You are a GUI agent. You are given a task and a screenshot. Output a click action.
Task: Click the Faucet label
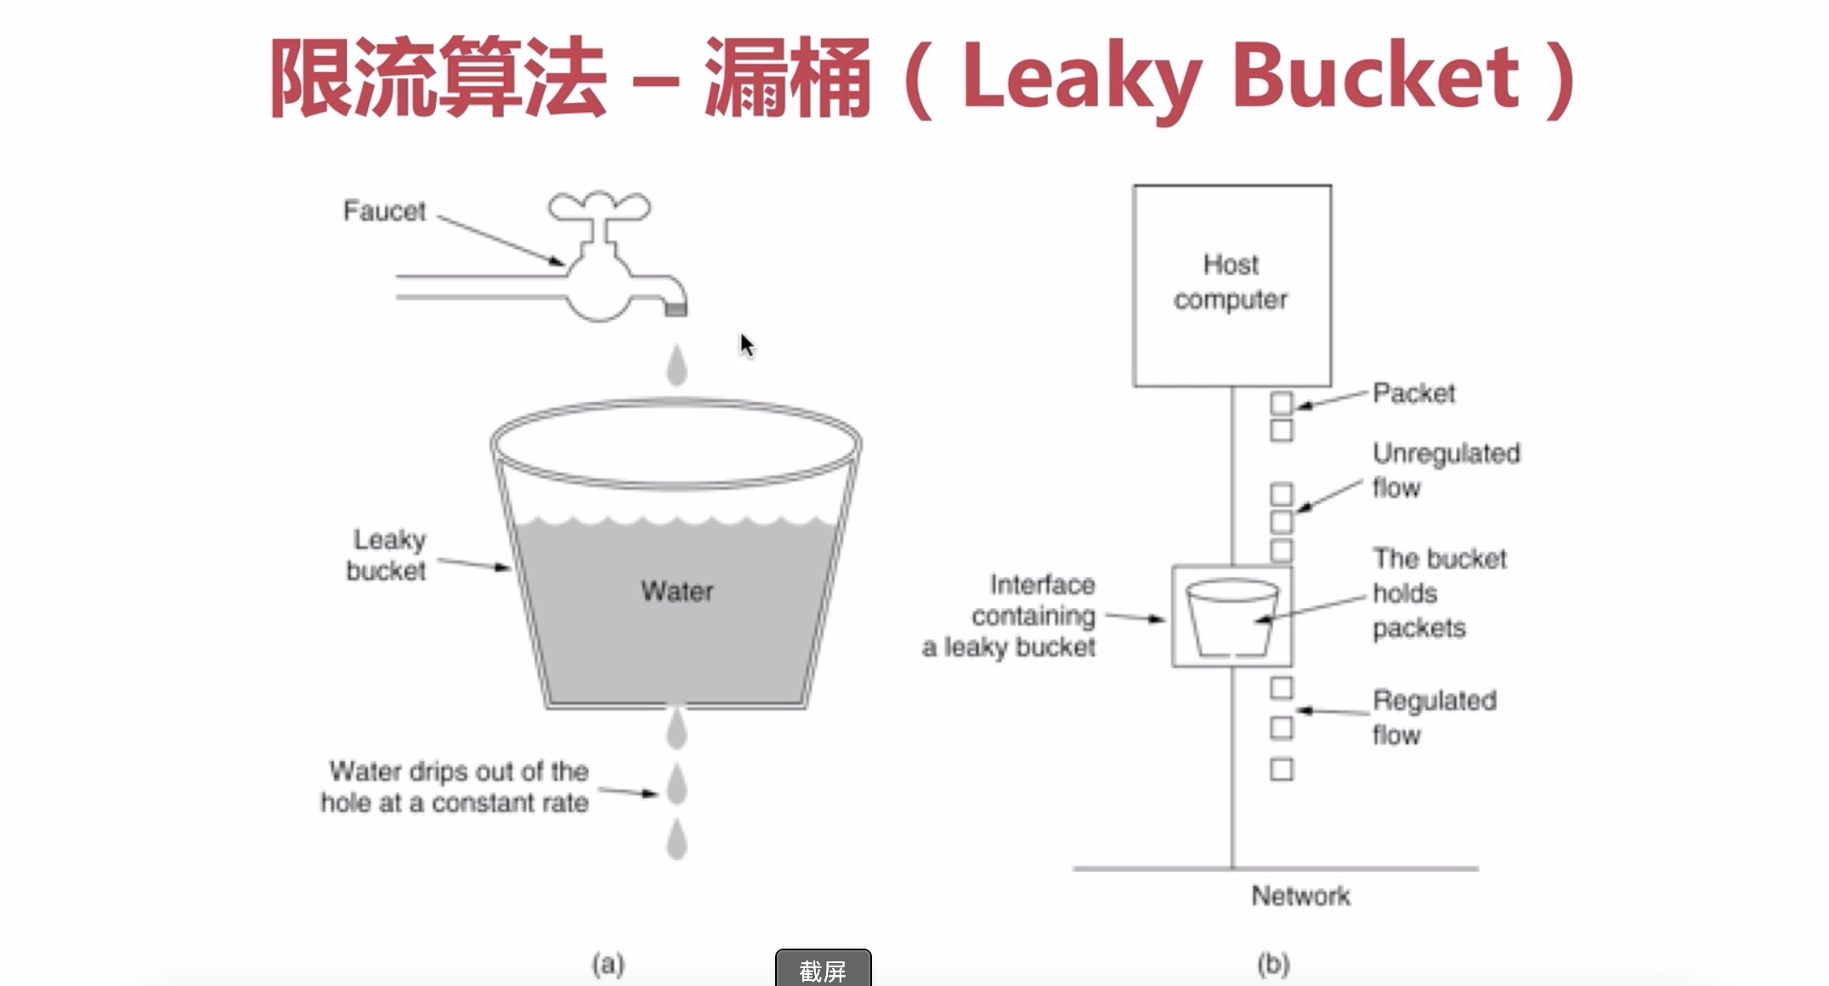384,211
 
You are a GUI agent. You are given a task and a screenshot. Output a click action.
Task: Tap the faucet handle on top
599,207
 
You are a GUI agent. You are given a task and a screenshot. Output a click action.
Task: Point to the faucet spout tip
676,309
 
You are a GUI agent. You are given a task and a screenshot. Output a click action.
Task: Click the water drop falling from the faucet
677,365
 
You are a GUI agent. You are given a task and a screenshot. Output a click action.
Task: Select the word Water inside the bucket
677,591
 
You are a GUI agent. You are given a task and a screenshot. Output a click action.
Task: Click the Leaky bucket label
387,555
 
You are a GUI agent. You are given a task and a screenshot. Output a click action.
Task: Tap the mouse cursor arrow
746,344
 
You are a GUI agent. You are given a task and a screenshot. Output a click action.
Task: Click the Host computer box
1232,285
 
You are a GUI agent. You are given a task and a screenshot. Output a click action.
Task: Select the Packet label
1414,393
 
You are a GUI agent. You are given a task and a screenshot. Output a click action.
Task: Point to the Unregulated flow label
1445,470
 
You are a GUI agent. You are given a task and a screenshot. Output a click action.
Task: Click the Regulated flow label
1434,717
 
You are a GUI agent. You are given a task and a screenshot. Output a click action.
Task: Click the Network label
1300,895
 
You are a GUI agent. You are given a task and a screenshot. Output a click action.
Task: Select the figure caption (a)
609,964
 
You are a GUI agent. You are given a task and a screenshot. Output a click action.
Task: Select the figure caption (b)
1273,964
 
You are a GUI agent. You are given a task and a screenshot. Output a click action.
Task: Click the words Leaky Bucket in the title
1241,78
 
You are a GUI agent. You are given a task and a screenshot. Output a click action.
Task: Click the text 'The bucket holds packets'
1438,592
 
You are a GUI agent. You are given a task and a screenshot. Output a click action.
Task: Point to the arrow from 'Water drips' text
629,792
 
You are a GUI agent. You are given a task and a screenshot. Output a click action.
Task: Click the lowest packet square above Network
1282,769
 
